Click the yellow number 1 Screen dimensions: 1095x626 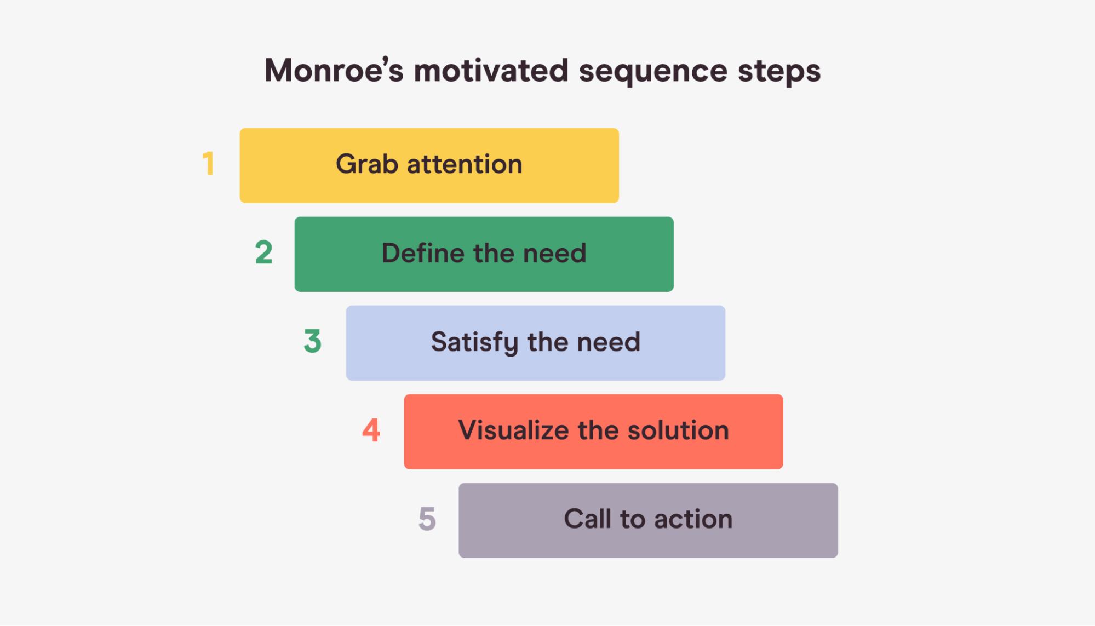click(208, 164)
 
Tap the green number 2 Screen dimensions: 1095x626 click(264, 252)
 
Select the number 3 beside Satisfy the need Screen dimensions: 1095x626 click(313, 341)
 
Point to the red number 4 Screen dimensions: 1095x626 click(371, 430)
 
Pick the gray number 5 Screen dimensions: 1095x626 click(427, 519)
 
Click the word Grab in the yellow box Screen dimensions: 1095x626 click(367, 164)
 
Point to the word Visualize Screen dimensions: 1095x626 click(514, 430)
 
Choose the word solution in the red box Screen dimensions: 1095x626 click(678, 430)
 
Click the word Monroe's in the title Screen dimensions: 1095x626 click(334, 71)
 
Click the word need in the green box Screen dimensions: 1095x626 click(554, 253)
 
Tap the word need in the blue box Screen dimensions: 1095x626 click(609, 342)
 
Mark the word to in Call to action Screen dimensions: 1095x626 click(633, 519)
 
